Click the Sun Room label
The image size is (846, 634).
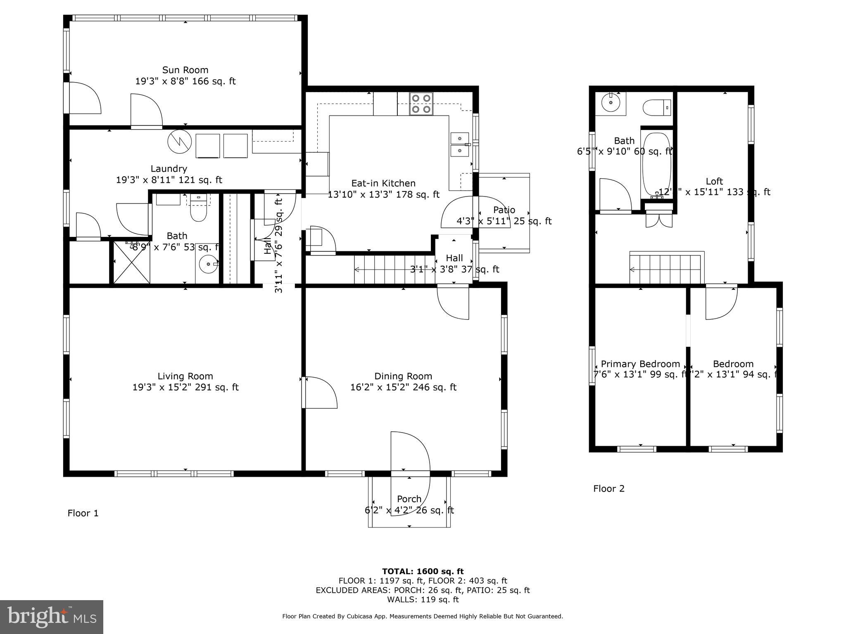click(185, 70)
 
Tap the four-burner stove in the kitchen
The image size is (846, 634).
click(421, 104)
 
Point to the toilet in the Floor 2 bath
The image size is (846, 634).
click(656, 107)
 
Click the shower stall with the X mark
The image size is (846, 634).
click(131, 263)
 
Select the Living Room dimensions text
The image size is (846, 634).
click(185, 387)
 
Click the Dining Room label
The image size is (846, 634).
click(403, 376)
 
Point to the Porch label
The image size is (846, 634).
click(409, 499)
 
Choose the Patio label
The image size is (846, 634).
click(504, 210)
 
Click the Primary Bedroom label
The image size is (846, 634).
click(640, 364)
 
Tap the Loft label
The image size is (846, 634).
click(714, 181)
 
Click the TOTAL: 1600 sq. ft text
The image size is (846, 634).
click(423, 571)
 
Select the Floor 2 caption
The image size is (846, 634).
click(608, 489)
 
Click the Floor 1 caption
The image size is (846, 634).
click(83, 513)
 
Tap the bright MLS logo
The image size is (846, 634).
click(52, 617)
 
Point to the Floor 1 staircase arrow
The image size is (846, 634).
click(357, 270)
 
